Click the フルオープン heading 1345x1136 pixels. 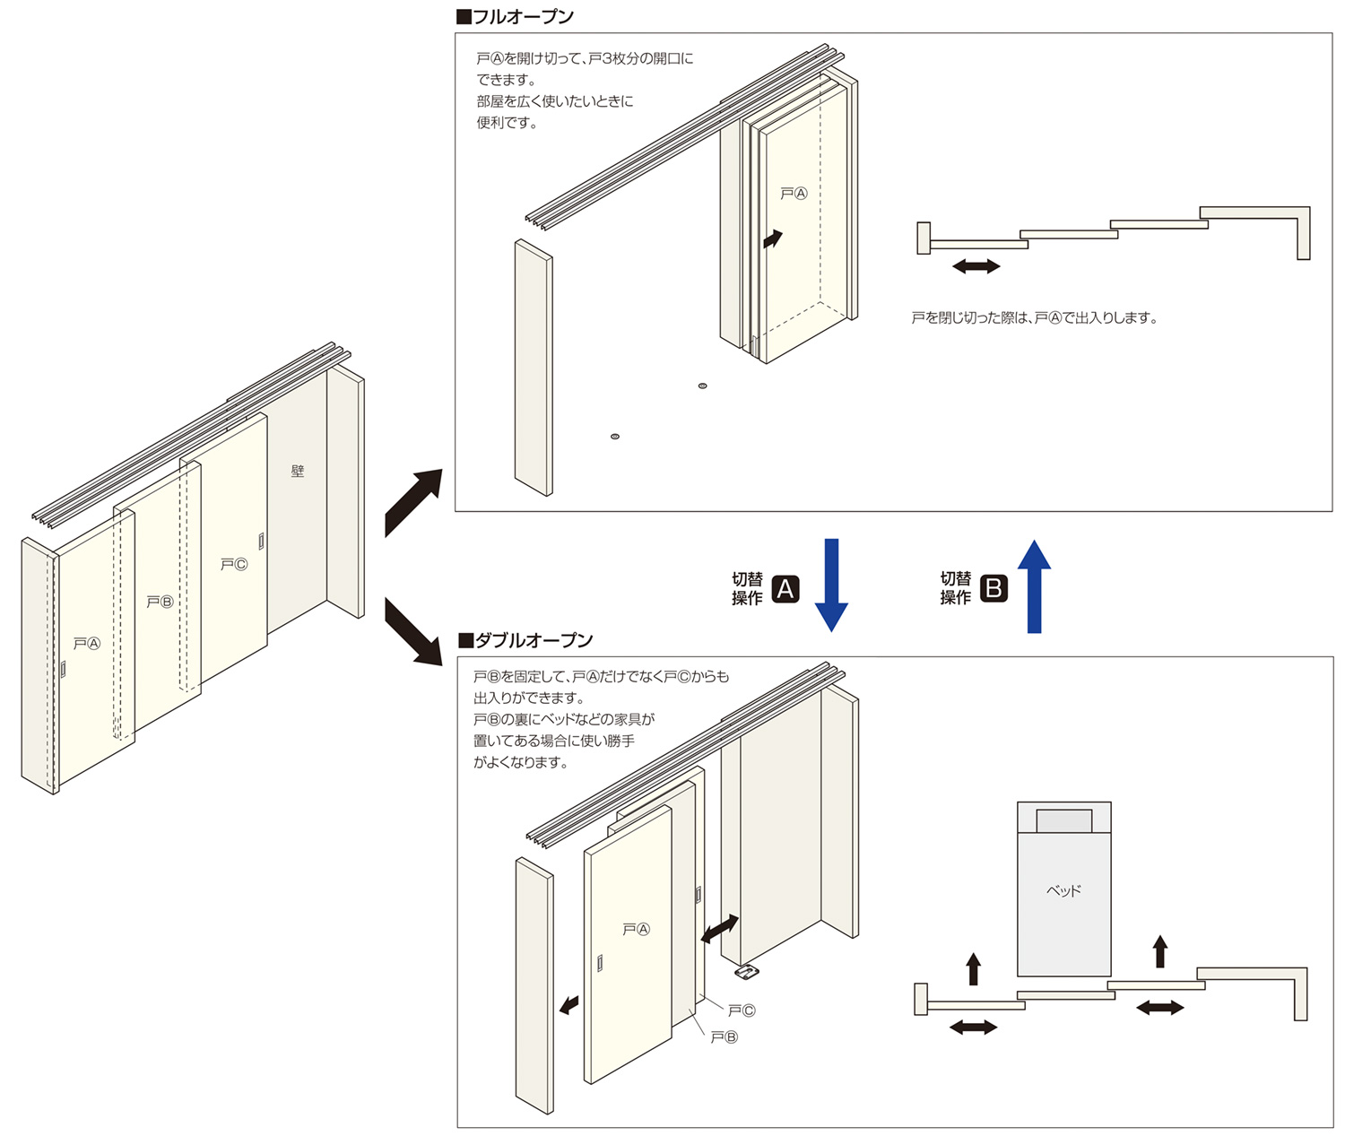(516, 17)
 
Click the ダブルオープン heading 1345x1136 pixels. (525, 640)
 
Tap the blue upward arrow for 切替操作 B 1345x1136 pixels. (1034, 587)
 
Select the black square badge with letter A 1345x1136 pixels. (785, 589)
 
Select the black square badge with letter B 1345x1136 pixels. (994, 588)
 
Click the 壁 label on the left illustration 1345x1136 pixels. (298, 471)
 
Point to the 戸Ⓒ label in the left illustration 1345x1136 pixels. (234, 565)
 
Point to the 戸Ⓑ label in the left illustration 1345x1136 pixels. (160, 603)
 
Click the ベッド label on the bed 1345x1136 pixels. (1064, 891)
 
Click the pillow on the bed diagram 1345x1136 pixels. (1064, 820)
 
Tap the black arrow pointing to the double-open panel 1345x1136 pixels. (413, 633)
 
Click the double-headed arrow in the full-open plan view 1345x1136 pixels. (976, 266)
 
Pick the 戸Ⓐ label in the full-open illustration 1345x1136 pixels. (794, 194)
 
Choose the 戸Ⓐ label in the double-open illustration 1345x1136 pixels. (636, 930)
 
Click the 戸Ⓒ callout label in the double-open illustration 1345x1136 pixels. (742, 1011)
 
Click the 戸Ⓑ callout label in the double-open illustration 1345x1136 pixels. (725, 1037)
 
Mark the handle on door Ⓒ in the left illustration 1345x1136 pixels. (261, 541)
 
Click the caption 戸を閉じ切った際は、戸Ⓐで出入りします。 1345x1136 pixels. (1034, 318)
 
